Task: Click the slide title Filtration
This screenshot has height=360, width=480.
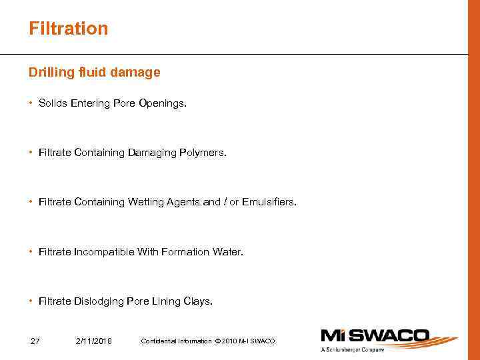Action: point(68,29)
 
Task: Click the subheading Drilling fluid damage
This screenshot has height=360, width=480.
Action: point(94,72)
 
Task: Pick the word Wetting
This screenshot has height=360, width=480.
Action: point(145,202)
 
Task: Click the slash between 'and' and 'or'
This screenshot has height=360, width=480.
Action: point(225,202)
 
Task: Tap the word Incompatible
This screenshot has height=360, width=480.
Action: point(104,252)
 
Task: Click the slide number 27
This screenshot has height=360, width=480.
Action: point(35,341)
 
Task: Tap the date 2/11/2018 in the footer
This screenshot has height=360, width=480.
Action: point(94,341)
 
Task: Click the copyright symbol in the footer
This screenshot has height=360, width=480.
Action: point(217,341)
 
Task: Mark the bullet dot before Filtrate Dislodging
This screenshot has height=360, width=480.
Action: point(31,301)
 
